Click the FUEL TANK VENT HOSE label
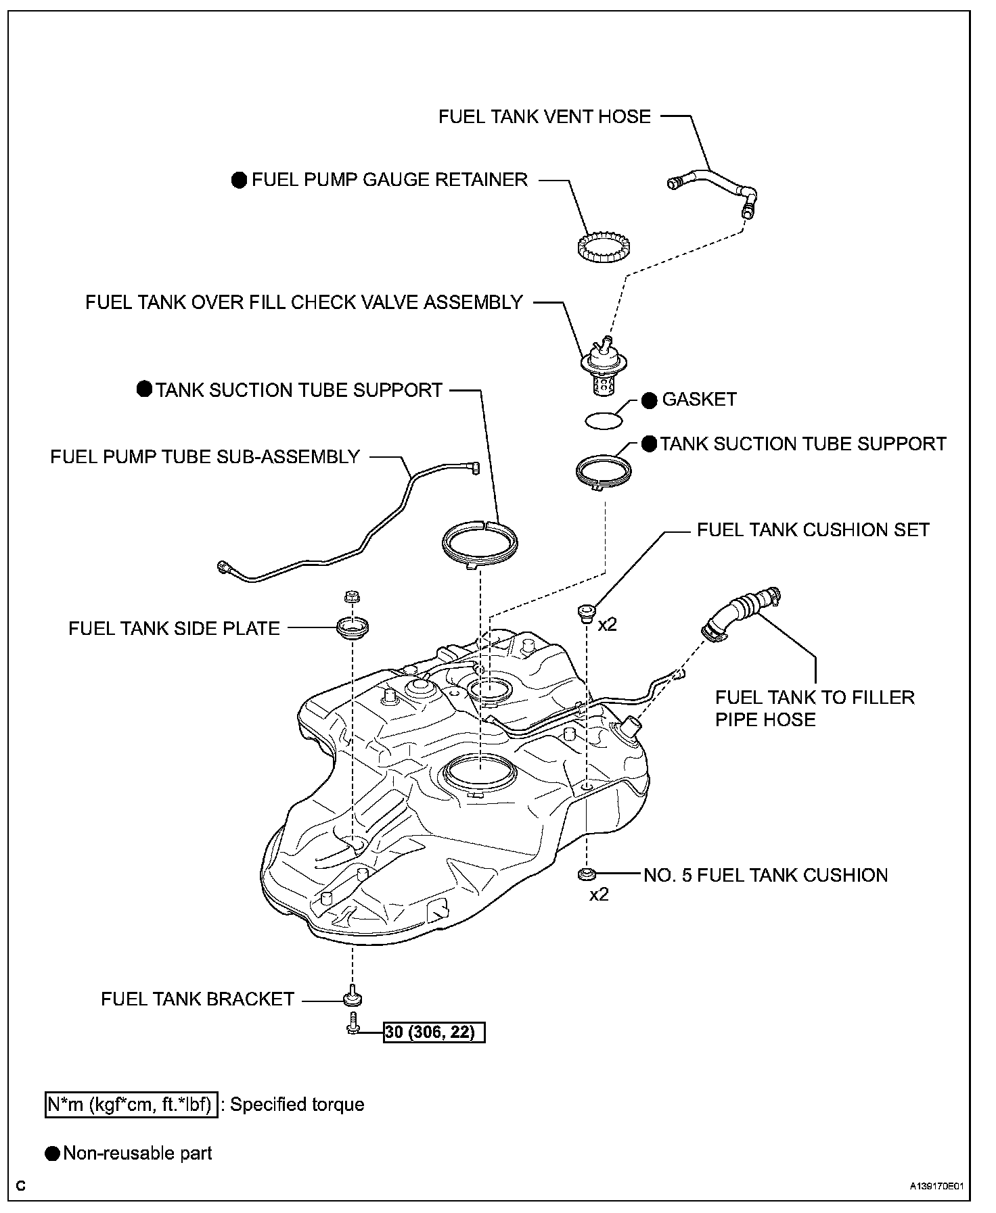545,116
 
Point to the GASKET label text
699,399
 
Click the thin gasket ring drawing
604,421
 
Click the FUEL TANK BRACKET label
198,999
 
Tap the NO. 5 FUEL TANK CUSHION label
765,875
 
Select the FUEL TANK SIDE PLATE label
174,628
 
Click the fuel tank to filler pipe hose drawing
741,612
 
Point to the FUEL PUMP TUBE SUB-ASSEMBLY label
205,456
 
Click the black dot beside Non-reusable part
52,1153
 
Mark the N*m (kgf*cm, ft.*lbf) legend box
132,1104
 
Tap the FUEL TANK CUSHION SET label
813,529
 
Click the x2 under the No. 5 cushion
599,894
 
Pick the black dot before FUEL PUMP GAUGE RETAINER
240,180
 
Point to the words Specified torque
297,1104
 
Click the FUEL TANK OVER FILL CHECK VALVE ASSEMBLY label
304,302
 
